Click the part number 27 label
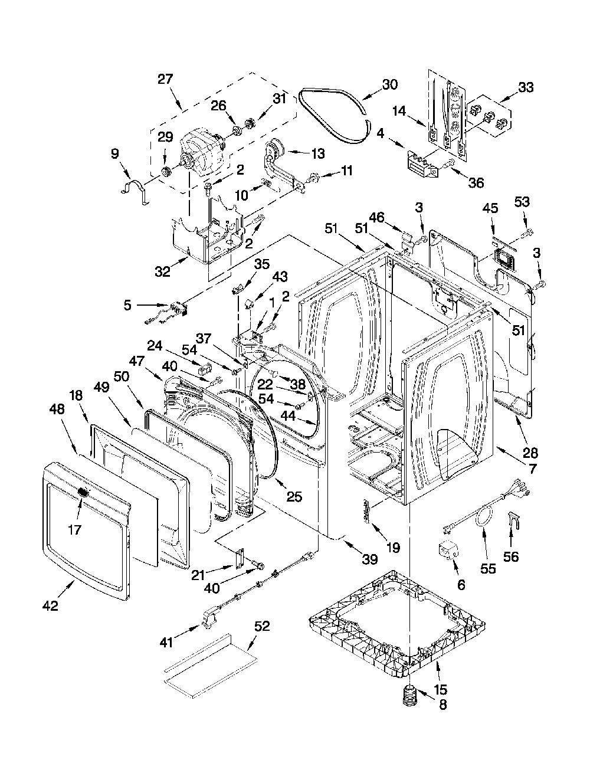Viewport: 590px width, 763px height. pyautogui.click(x=165, y=78)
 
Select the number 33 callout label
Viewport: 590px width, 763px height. pyautogui.click(x=526, y=87)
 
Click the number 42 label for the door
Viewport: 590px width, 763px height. pyautogui.click(x=50, y=605)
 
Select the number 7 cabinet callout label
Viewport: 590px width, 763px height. pyautogui.click(x=532, y=469)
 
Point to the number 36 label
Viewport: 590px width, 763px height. pyautogui.click(x=476, y=182)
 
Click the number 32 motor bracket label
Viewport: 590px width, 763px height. pyautogui.click(x=162, y=271)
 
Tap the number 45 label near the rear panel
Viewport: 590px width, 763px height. pyautogui.click(x=490, y=208)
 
